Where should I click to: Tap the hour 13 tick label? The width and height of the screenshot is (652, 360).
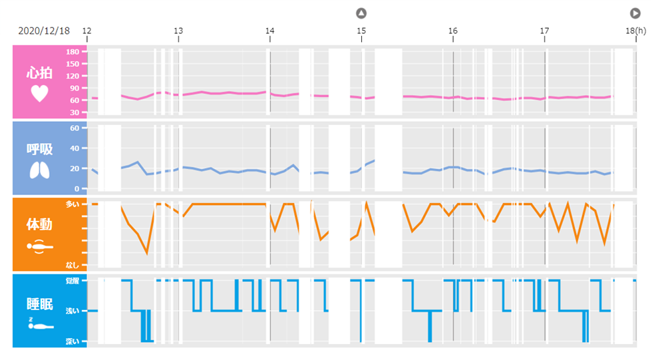(x=178, y=31)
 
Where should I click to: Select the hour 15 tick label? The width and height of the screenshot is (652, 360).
(x=361, y=31)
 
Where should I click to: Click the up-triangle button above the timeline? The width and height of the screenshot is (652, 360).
(x=361, y=13)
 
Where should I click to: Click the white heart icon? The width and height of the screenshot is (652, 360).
(x=39, y=93)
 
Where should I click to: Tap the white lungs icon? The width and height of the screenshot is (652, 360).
(x=39, y=171)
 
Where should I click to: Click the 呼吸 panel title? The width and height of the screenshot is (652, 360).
(x=39, y=149)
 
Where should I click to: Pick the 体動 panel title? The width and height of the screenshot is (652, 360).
(x=39, y=224)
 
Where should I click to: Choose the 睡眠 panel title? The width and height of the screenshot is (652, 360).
(x=39, y=304)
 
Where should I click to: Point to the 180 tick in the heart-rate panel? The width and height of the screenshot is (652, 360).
(x=73, y=52)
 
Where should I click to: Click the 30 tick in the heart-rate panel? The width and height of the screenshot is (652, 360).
(x=75, y=112)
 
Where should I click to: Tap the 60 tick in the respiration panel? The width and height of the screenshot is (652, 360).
(x=75, y=128)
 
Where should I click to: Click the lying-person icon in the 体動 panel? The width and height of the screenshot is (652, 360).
(x=39, y=246)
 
